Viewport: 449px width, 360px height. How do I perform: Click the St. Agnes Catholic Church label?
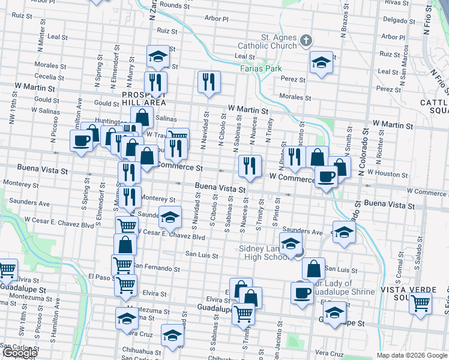point(279,41)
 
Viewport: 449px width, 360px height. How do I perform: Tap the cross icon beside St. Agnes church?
point(306,41)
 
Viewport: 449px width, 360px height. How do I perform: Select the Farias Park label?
point(261,69)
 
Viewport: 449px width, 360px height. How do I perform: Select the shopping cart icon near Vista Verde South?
point(420,302)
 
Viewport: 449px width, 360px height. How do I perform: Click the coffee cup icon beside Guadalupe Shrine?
point(302,293)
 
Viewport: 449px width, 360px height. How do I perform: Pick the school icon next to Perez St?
point(321,62)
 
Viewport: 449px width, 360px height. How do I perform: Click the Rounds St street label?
point(174,5)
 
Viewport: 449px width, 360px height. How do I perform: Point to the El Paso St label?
point(100,277)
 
